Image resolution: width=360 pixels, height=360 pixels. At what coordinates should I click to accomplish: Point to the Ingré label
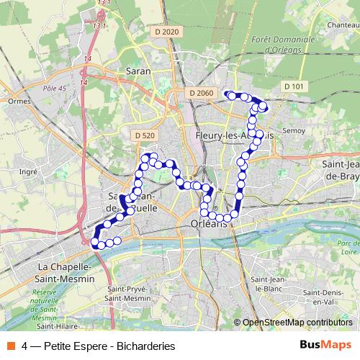[28, 171]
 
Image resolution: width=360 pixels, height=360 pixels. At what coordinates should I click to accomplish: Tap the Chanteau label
[343, 24]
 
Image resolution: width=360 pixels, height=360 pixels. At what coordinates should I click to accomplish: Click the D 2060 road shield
[203, 93]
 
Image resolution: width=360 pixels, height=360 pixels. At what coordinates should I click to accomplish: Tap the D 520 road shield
[144, 135]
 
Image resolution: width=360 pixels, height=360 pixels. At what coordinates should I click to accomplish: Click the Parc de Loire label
[348, 247]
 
